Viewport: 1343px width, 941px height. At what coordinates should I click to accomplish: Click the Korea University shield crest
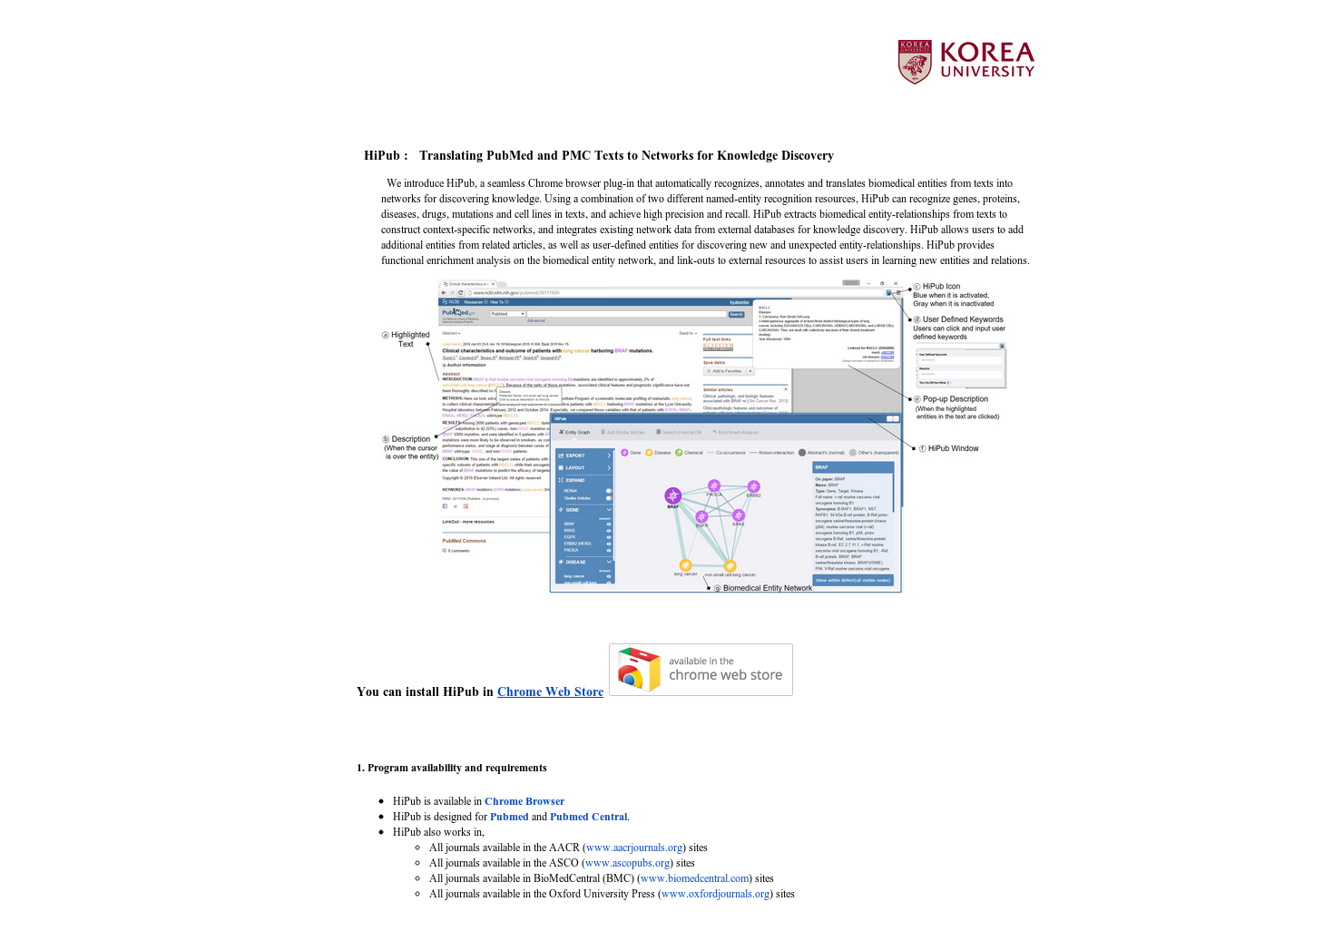(915, 62)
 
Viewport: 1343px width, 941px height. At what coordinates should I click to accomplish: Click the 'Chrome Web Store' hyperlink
(550, 691)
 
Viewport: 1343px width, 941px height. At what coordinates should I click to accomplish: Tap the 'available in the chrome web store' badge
(701, 670)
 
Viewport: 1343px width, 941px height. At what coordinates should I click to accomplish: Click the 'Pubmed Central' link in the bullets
(588, 817)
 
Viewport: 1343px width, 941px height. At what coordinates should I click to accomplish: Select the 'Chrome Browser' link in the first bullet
(524, 801)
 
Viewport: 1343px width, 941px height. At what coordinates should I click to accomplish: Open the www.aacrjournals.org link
(634, 848)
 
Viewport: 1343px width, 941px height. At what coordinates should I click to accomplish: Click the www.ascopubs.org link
(628, 863)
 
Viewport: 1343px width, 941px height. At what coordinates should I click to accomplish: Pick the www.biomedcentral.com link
(695, 878)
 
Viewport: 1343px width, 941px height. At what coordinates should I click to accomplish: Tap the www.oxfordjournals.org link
(715, 894)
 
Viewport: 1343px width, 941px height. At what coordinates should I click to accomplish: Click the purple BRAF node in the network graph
(672, 495)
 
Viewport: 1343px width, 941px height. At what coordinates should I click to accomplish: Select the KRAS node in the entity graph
(738, 515)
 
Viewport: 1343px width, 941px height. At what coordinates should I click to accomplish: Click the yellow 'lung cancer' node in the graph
(685, 565)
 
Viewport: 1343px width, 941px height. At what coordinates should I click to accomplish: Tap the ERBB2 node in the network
(753, 487)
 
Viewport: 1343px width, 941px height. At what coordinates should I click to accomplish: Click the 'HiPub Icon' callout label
(941, 286)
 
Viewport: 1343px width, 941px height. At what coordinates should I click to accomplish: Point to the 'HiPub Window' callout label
(953, 448)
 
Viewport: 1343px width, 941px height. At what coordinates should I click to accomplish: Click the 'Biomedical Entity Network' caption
(767, 588)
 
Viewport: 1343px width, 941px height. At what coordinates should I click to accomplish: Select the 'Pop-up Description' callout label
(955, 399)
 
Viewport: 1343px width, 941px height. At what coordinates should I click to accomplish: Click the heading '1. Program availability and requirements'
(452, 768)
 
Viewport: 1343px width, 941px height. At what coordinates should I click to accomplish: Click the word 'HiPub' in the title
(381, 155)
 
